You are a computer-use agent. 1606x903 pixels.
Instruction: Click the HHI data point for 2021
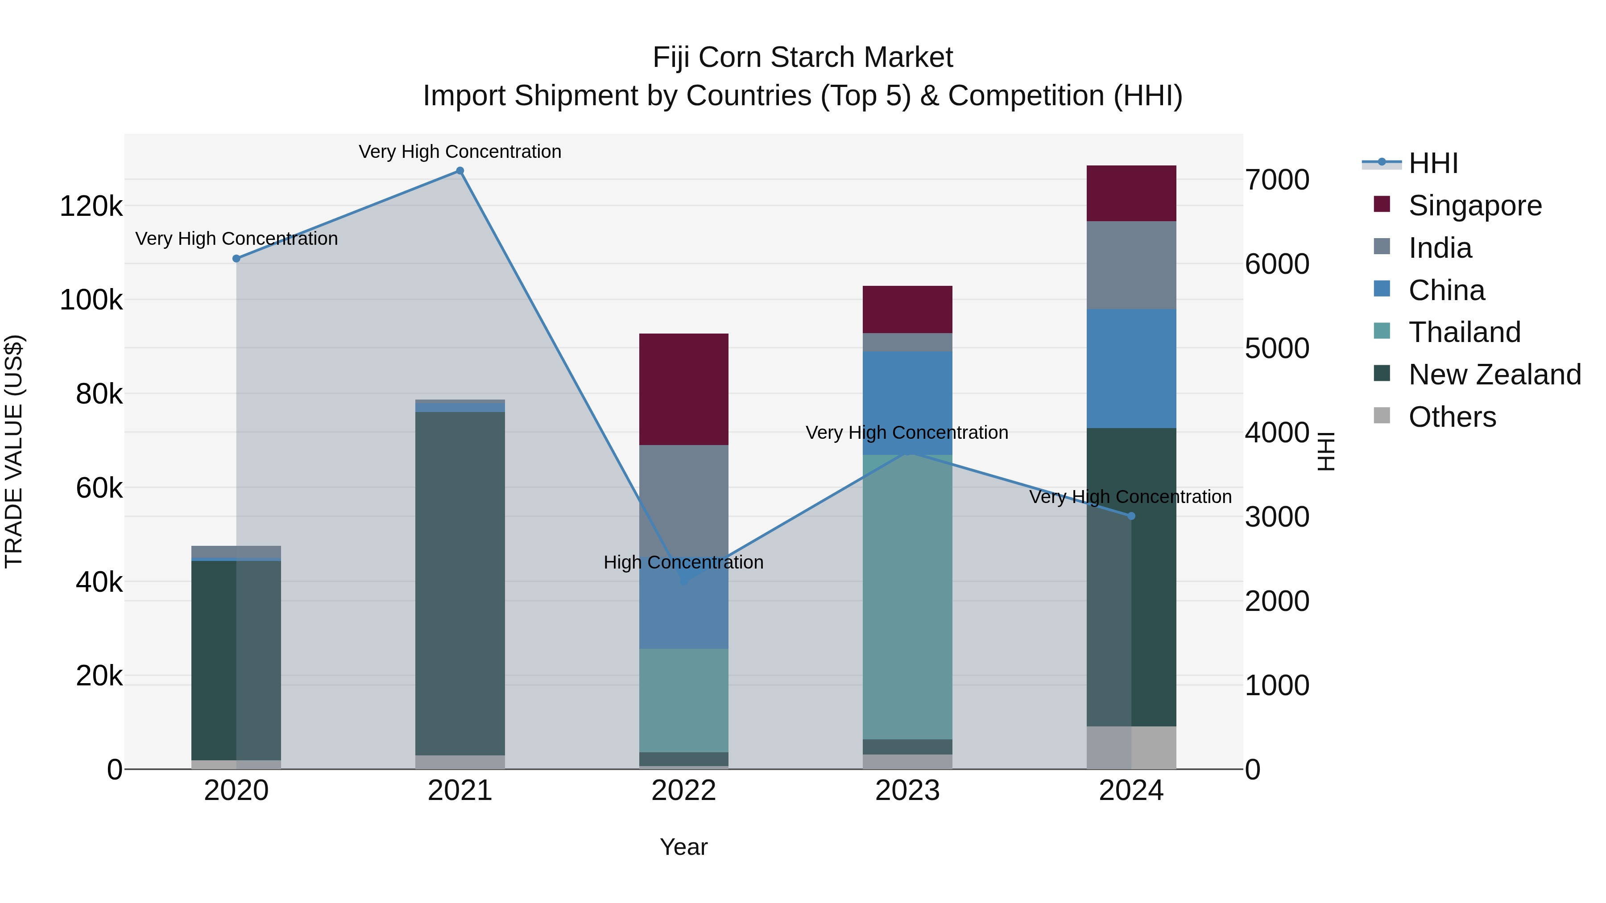pos(459,171)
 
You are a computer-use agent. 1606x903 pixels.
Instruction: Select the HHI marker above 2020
pos(236,259)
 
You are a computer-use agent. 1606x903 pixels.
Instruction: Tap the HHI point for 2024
pos(1131,516)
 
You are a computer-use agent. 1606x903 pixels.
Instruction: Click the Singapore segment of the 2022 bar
pos(683,389)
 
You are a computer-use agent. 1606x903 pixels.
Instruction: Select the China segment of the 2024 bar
pos(1131,368)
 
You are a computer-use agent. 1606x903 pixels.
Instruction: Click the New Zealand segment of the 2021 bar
pos(459,583)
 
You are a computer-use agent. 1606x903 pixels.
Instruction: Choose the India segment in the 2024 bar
pos(1131,265)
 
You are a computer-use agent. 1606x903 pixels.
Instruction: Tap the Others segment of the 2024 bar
pos(1131,747)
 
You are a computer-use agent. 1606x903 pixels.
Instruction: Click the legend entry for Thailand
pos(1464,332)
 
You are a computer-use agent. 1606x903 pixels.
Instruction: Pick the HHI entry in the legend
pos(1432,163)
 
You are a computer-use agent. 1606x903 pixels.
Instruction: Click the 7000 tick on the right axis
pos(1277,180)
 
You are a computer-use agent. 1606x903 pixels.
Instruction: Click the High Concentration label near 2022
pos(683,562)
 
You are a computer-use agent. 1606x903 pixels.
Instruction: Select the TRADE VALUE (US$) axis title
pos(14,451)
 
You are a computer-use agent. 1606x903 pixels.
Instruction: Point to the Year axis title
pos(683,847)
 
